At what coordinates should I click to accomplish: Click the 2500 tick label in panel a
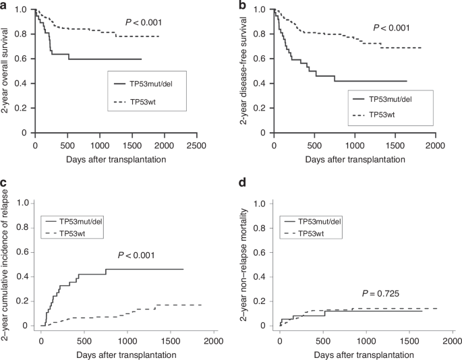[x=196, y=145]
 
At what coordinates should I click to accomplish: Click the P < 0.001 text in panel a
[x=144, y=23]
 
